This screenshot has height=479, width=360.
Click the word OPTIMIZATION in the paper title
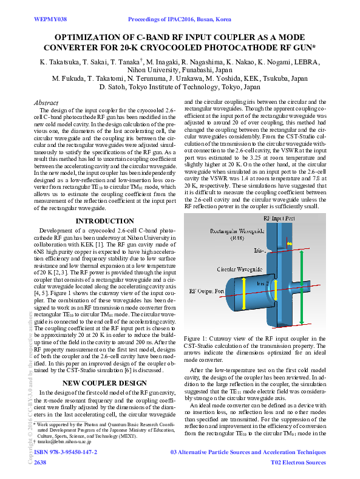pos(106,37)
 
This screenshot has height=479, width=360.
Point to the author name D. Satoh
pos(114,86)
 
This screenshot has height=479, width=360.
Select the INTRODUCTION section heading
pos(104,221)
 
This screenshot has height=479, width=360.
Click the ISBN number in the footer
pos(66,453)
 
